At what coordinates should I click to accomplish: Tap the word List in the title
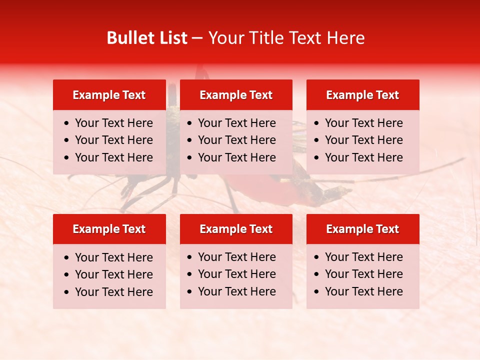click(x=171, y=38)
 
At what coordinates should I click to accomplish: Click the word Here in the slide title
click(x=345, y=38)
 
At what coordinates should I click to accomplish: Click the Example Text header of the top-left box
click(x=109, y=95)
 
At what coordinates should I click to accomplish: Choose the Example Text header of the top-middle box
click(x=236, y=95)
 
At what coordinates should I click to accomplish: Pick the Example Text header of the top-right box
click(x=362, y=95)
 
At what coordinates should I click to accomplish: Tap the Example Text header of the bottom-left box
click(x=109, y=229)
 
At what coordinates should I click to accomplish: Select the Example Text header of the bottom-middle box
click(x=236, y=229)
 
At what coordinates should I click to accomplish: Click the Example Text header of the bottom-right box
click(x=362, y=229)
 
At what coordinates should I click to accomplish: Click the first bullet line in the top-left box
click(x=113, y=123)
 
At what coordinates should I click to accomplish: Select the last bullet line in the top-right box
click(x=363, y=157)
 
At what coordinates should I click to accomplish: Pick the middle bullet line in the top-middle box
click(x=236, y=140)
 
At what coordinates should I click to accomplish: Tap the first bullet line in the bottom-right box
click(x=363, y=257)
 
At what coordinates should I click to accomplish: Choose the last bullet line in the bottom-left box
click(x=113, y=292)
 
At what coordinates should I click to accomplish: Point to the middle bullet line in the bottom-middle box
click(x=236, y=274)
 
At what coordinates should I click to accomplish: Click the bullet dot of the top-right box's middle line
click(x=317, y=140)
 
